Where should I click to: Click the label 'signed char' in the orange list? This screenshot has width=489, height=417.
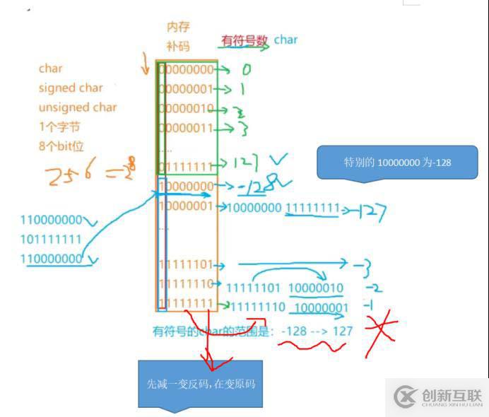[70, 88]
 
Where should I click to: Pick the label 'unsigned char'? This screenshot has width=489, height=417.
[78, 107]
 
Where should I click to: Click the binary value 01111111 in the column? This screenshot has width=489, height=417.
[185, 166]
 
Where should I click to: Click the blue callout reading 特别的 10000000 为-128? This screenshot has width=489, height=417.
[398, 162]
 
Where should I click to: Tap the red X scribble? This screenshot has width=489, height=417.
[381, 332]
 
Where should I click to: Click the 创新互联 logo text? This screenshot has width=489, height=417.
[452, 396]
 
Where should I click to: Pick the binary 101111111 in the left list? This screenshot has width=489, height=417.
[51, 239]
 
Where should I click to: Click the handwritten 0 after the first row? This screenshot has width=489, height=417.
[246, 70]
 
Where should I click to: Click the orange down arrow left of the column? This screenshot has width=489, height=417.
[146, 66]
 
